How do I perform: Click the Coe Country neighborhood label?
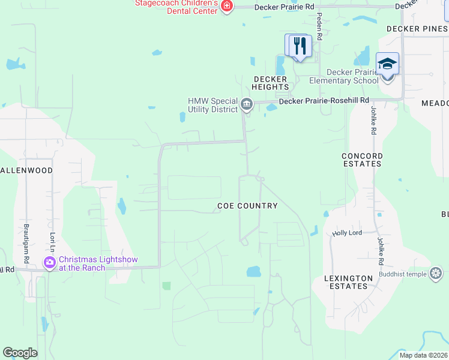(x=247, y=206)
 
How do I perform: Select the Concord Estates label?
(x=362, y=160)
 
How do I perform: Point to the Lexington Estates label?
(x=345, y=282)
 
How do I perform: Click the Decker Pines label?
(x=417, y=28)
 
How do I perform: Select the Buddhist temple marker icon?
(x=436, y=274)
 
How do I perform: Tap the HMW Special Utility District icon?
(x=247, y=105)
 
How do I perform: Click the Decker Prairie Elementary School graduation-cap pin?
(x=387, y=64)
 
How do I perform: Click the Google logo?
(x=20, y=353)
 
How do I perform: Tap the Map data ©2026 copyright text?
(x=424, y=355)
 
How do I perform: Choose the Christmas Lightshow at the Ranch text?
(x=98, y=263)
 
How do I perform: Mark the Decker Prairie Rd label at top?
(x=284, y=7)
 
